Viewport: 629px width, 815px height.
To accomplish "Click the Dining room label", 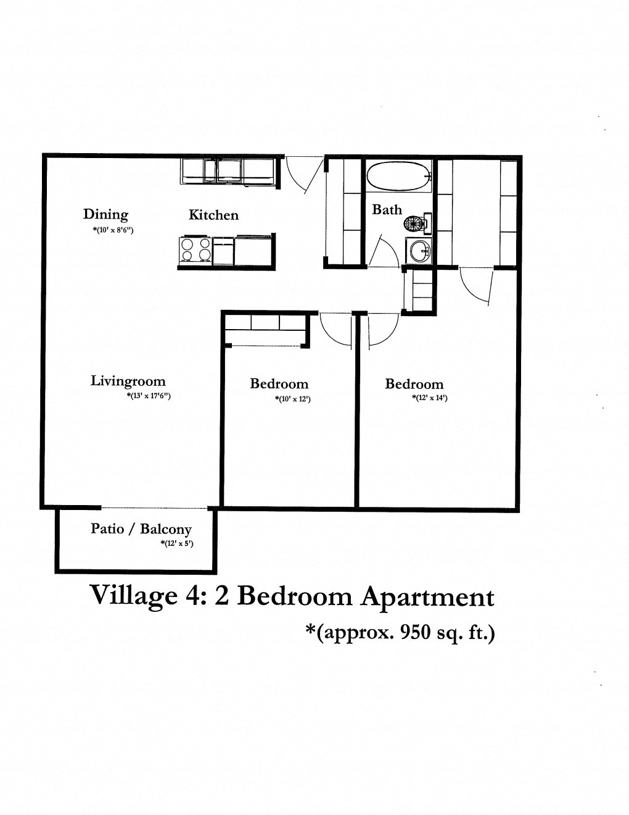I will click(105, 214).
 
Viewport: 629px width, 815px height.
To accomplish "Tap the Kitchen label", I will click(213, 215).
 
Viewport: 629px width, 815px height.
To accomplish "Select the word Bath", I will click(387, 210).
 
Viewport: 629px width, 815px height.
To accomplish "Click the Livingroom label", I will click(128, 381).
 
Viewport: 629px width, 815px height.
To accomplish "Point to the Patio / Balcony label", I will click(141, 529).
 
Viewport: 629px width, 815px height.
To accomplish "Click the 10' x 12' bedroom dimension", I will click(292, 399).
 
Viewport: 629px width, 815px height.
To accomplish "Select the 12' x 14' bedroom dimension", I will click(429, 398).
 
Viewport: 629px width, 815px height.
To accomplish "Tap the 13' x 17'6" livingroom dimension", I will click(148, 396).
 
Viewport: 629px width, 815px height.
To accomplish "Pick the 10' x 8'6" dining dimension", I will click(111, 230).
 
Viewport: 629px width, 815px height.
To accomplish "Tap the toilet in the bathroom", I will click(421, 222).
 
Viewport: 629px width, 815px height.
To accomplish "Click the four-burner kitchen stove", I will click(195, 250).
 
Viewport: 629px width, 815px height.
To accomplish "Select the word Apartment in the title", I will click(427, 597).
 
